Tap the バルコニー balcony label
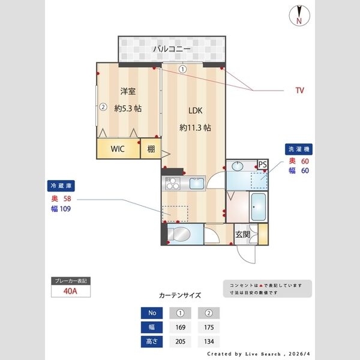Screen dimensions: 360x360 pos(172,49)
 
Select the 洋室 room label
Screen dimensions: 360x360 pos(127,91)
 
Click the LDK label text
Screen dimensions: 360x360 pos(196,111)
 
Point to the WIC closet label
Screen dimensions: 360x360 pos(118,149)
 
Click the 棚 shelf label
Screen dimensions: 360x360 pos(151,149)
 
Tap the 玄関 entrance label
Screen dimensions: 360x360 pos(242,235)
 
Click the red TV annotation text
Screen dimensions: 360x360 pos(299,91)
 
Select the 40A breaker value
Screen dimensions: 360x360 pos(71,292)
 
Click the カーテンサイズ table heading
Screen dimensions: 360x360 pos(180,295)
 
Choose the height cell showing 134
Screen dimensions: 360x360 pos(209,342)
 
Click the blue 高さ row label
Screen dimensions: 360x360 pos(152,342)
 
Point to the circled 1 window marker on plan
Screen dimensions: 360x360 pos(182,69)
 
